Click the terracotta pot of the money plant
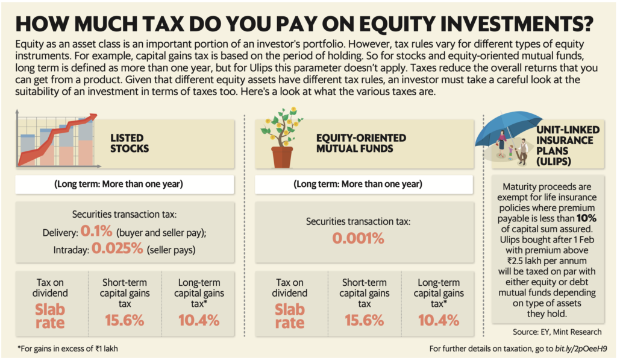pos(281,156)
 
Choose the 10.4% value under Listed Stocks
pos(199,320)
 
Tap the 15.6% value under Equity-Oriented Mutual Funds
pos(365,320)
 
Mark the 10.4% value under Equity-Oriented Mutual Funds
pos(438,320)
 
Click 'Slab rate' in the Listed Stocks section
pos(50,314)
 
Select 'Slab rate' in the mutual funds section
pos(289,314)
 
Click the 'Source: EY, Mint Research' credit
pos(557,332)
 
